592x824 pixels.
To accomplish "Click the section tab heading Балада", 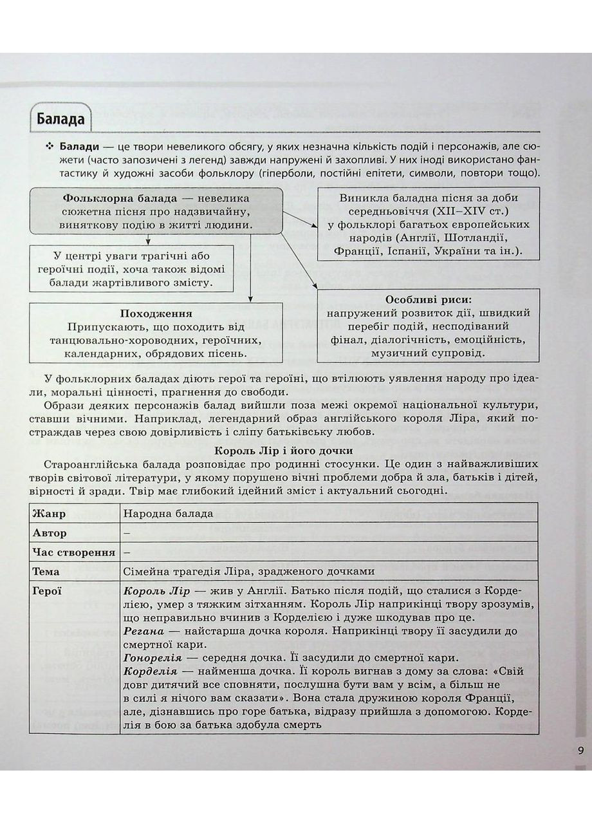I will (x=60, y=120).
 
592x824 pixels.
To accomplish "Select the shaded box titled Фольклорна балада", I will (x=155, y=211).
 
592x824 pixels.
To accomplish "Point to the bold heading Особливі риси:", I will (x=428, y=300).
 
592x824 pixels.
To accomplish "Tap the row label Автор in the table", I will (x=49, y=533).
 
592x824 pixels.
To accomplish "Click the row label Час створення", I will (x=73, y=552).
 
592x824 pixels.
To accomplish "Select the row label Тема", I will (x=46, y=571).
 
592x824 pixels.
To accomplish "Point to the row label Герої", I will (x=47, y=590).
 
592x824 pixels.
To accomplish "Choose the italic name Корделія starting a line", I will (x=147, y=671).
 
